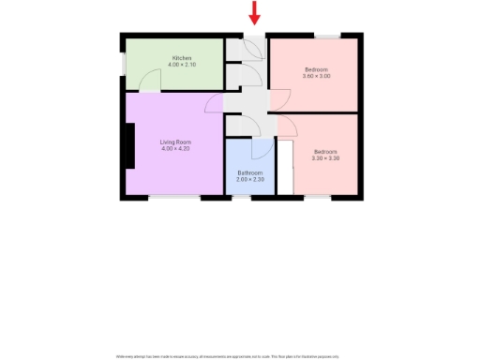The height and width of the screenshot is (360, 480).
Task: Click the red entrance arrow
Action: pyautogui.click(x=254, y=14)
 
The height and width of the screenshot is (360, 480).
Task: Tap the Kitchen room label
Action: pyautogui.click(x=181, y=58)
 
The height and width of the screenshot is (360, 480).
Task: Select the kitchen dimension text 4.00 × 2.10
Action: pyautogui.click(x=181, y=65)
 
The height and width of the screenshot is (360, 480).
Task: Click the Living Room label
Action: pyautogui.click(x=175, y=142)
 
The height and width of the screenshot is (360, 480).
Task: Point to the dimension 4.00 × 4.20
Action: pyautogui.click(x=175, y=149)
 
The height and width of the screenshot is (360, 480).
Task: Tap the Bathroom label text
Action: pyautogui.click(x=249, y=172)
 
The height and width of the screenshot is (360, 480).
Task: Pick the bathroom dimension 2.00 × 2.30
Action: pyautogui.click(x=249, y=179)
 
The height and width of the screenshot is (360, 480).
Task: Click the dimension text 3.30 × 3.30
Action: pyautogui.click(x=324, y=158)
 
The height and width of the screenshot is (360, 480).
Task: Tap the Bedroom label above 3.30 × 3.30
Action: pyautogui.click(x=324, y=152)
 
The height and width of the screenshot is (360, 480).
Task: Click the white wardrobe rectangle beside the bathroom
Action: pyautogui.click(x=285, y=168)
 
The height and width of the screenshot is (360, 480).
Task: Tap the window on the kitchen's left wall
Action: pyautogui.click(x=123, y=64)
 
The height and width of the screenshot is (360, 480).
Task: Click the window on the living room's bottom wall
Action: pyautogui.click(x=174, y=197)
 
